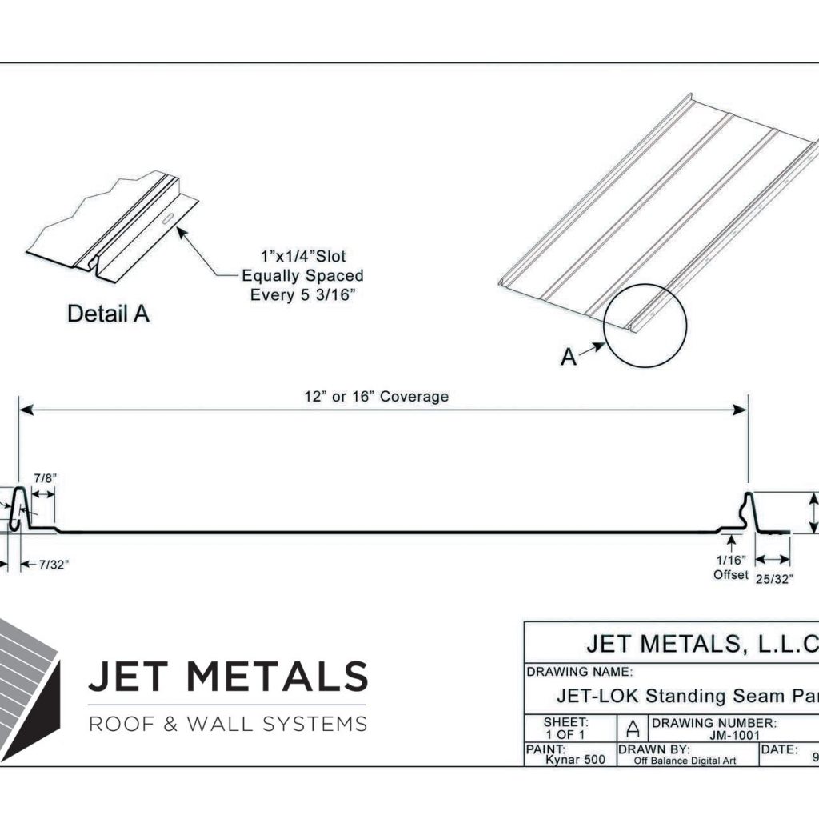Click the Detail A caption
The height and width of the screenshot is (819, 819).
click(x=108, y=314)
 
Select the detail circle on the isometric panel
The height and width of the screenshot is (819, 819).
click(x=645, y=326)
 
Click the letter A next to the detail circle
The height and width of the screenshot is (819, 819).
click(x=568, y=358)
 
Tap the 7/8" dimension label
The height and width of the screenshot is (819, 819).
click(x=45, y=477)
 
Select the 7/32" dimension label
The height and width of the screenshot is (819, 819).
click(x=54, y=565)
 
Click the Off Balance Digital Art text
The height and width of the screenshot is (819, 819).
click(x=684, y=761)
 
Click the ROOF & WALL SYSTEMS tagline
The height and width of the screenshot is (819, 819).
click(x=227, y=725)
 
